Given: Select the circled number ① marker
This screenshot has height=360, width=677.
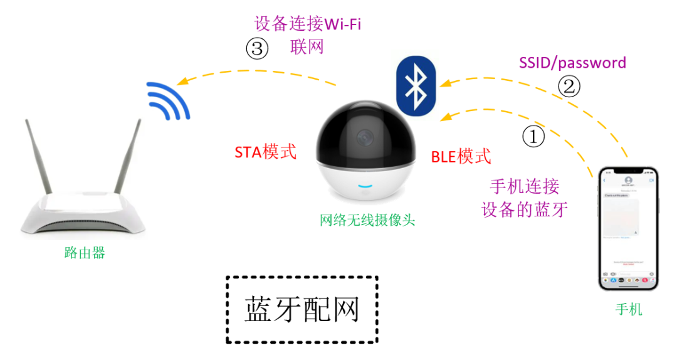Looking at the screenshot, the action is [x=533, y=137].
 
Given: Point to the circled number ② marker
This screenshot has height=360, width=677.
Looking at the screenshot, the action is [x=569, y=86].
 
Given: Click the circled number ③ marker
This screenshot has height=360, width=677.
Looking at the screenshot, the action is [x=257, y=48].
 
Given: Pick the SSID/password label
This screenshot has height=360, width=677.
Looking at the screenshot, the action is [x=572, y=63].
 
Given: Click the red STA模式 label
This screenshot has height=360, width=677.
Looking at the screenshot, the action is [x=265, y=152].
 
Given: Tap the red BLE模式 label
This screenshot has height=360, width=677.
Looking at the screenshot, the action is [x=461, y=156].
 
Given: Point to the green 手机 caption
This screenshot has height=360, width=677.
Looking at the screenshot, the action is [x=629, y=310].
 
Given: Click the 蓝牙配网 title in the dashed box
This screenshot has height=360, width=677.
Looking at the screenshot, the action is [x=302, y=309].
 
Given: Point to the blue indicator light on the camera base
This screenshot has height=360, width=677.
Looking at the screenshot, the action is [x=365, y=186].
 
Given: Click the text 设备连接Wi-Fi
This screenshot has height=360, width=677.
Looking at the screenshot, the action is [x=308, y=24].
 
